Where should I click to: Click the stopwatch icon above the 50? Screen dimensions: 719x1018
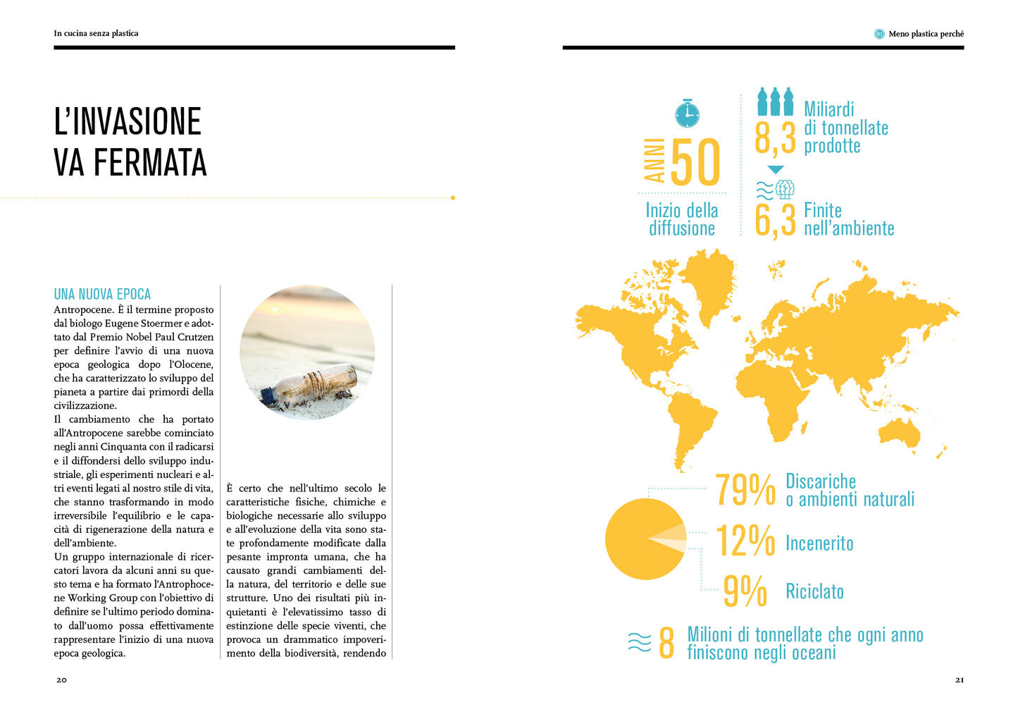687,113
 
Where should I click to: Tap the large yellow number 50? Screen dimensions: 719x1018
695,163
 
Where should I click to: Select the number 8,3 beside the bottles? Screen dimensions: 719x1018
774,137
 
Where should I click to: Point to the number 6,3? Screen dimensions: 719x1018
774,220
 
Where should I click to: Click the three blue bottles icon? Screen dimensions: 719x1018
775,102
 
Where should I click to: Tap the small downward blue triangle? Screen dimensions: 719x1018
776,170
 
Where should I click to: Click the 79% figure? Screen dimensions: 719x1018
745,489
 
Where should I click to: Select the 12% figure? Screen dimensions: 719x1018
745,541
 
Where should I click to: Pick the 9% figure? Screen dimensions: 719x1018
745,591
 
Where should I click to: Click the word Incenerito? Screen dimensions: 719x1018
819,543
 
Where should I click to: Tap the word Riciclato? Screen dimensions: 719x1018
814,591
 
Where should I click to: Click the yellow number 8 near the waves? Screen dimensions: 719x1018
666,643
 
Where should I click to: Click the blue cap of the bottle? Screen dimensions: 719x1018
268,395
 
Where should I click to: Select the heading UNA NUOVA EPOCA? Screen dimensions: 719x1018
102,295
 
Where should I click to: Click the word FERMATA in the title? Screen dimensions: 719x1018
150,163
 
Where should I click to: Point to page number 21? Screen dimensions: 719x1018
959,680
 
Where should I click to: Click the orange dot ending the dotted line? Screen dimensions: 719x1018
452,198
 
